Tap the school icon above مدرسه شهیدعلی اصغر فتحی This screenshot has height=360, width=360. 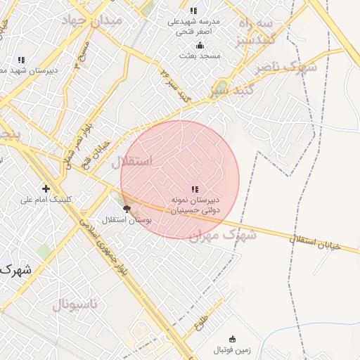193,10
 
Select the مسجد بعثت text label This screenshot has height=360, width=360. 199,55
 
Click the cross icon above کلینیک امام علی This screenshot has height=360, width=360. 46,188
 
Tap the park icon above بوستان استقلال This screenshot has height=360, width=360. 127,209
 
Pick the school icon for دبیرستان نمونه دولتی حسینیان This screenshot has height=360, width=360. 195,189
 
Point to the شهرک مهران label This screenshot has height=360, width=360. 221,236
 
